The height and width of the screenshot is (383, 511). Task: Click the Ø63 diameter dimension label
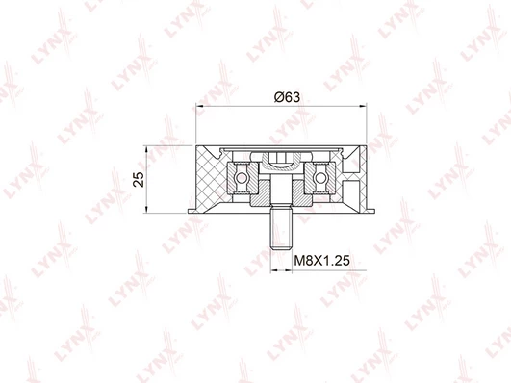click(287, 97)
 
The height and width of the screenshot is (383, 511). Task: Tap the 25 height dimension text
click(139, 179)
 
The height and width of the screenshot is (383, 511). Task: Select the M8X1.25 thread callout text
click(322, 261)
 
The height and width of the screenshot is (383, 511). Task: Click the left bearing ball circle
click(242, 178)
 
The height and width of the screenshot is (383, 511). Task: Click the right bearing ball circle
click(320, 178)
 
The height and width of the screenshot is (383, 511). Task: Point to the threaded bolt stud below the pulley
click(281, 229)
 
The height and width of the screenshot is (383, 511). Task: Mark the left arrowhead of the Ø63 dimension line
click(199, 106)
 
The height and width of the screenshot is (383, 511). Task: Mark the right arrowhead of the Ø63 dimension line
click(363, 106)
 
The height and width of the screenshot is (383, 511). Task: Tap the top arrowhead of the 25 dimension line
click(147, 150)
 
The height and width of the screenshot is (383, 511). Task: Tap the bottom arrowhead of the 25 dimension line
click(147, 209)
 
